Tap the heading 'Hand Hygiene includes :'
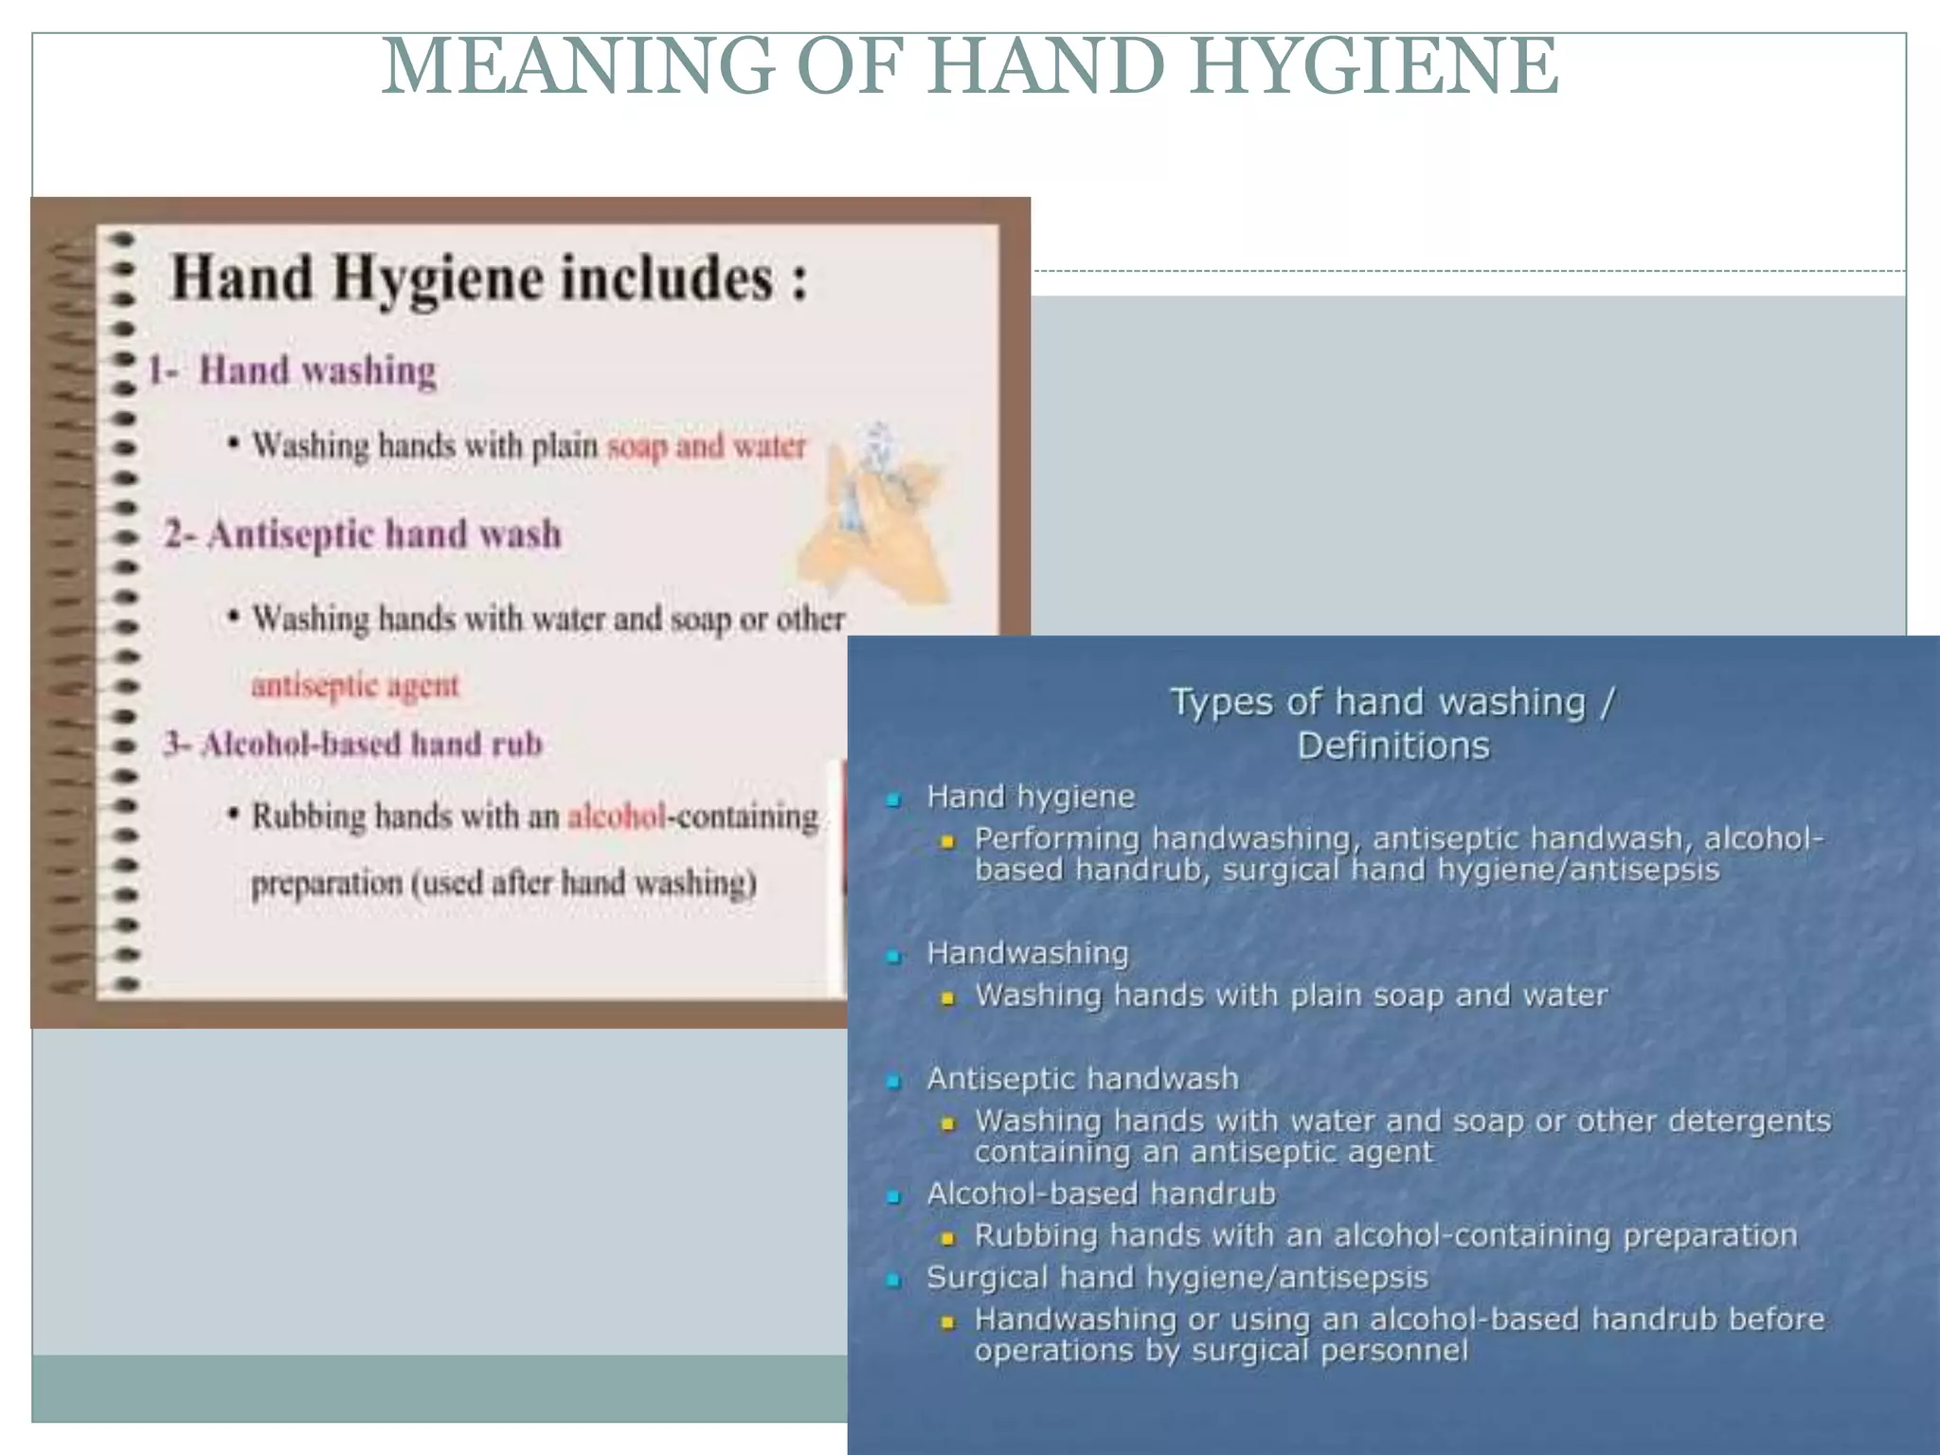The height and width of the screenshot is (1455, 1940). (489, 279)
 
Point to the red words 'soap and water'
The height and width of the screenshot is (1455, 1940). (706, 445)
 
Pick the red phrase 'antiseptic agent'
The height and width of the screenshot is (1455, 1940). (354, 685)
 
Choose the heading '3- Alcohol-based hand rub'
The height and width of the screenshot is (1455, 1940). (352, 745)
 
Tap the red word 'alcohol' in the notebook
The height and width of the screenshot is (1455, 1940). (616, 817)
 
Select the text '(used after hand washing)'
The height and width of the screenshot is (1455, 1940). (584, 883)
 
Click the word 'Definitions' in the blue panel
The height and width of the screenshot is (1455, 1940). (1392, 746)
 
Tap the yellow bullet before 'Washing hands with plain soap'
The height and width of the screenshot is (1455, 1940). (946, 998)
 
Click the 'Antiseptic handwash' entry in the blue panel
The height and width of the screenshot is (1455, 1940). (1082, 1079)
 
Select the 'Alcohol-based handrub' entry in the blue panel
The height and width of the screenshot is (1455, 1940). (1101, 1194)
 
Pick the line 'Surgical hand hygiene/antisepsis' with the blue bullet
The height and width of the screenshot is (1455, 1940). (1177, 1278)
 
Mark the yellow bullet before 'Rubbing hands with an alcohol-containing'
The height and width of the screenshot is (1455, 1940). (946, 1238)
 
